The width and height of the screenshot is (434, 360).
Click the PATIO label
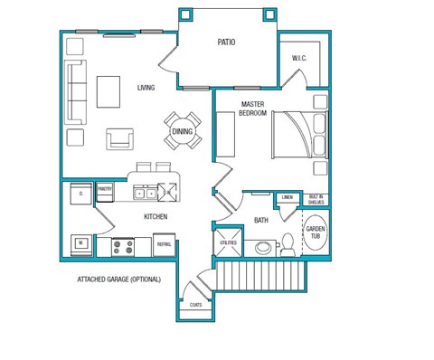pos(227,42)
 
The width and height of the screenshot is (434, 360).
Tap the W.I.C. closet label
pos(299,59)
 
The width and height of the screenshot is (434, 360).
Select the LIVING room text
pos(146,88)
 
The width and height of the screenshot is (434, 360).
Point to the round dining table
pos(183,132)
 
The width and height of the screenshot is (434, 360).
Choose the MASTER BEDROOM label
pos(252,109)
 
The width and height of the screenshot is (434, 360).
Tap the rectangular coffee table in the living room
pos(109,90)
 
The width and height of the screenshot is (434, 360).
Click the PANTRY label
pos(105,188)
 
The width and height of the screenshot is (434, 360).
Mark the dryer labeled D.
pos(80,194)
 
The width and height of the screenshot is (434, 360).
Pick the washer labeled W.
pos(80,243)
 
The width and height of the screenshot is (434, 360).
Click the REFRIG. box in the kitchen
pos(165,244)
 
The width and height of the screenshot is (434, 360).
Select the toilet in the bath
pos(288,242)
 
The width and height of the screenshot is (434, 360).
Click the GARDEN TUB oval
pos(315,232)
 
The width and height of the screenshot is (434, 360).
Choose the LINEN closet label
pos(288,196)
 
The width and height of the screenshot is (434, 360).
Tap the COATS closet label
pos(196,305)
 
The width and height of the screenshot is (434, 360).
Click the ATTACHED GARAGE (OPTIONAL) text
pos(118,279)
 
